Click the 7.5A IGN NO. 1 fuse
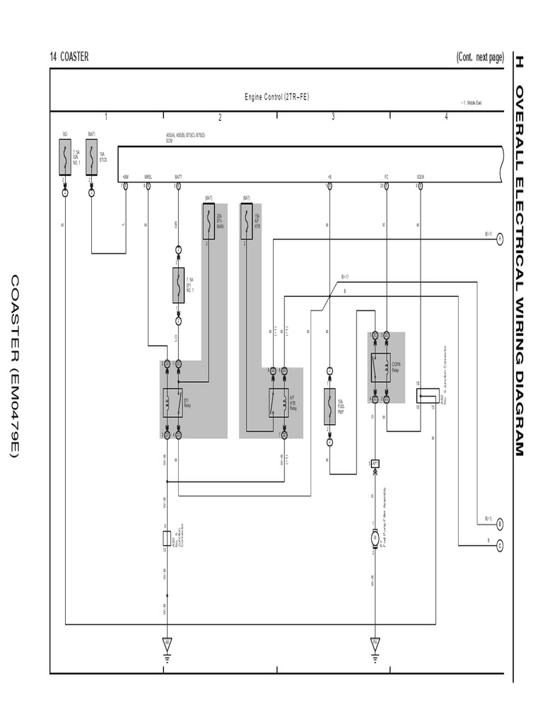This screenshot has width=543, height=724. pos(65,156)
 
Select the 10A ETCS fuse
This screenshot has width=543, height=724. pos(91,156)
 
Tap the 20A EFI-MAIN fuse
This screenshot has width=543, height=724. pos(209,221)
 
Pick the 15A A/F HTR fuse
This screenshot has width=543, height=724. pos(247,221)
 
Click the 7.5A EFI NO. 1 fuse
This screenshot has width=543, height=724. pos(178,285)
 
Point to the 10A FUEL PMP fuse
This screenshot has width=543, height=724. pos(329,406)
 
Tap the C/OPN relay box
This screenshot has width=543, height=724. pos(380,366)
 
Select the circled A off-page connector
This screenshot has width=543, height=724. pos(499,239)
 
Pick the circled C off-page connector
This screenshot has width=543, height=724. pos(499,545)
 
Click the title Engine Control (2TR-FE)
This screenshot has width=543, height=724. pos(276,97)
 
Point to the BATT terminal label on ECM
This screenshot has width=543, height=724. pos(178,176)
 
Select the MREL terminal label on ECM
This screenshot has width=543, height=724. pos(148,176)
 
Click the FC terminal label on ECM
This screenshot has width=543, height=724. pos(386,176)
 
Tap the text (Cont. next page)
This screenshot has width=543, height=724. pos(479,57)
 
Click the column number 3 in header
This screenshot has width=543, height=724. pos(333,117)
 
